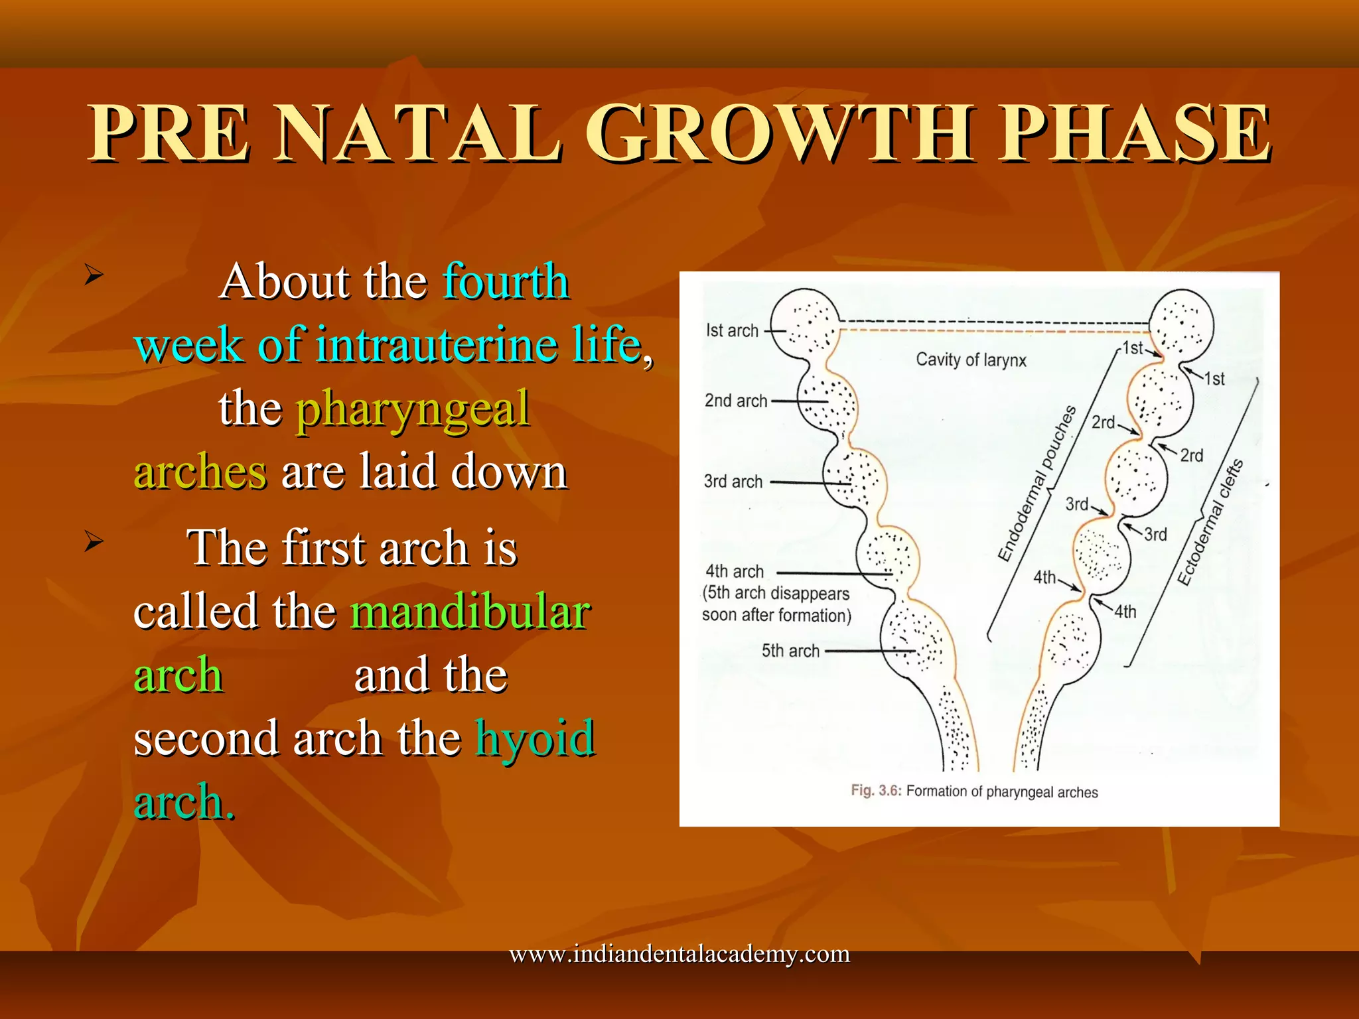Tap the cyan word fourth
point(506,281)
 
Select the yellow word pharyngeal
point(413,409)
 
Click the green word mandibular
point(470,612)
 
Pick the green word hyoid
point(535,738)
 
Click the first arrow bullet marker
point(94,274)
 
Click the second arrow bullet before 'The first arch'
point(94,542)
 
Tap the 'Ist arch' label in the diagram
point(732,330)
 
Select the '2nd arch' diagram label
point(735,401)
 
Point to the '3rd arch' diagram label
point(733,482)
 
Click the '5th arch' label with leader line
point(790,651)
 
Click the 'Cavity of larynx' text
point(970,360)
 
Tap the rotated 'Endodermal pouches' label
point(1037,484)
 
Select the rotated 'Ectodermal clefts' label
point(1210,523)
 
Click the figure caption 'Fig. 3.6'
point(875,791)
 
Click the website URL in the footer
point(679,954)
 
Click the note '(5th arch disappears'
point(776,593)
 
